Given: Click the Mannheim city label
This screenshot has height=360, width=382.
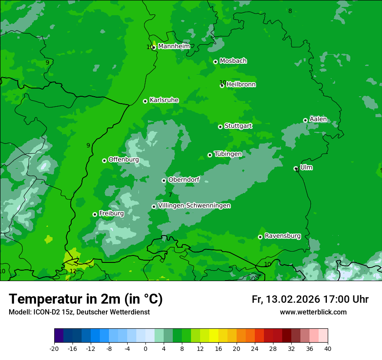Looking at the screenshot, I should (x=174, y=46).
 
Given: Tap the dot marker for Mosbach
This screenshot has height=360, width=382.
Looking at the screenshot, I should (x=215, y=62).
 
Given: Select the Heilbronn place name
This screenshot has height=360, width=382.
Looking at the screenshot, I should (x=241, y=85).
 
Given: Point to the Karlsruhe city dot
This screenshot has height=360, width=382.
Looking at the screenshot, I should (x=145, y=101).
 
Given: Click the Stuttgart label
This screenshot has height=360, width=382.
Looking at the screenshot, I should (x=238, y=126).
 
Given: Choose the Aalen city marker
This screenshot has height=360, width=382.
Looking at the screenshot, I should (x=305, y=120).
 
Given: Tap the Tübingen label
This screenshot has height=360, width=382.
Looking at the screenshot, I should (x=228, y=154).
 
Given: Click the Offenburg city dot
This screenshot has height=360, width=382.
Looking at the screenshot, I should (x=104, y=160).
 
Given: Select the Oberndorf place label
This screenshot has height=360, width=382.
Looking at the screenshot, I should (x=184, y=180).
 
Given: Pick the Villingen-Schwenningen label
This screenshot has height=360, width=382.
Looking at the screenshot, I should (x=194, y=206).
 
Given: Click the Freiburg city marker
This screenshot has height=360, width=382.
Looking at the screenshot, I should (x=95, y=214).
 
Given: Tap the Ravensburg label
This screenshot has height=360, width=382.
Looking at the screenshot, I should (x=283, y=236).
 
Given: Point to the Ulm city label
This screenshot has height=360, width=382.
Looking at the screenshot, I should (x=306, y=167).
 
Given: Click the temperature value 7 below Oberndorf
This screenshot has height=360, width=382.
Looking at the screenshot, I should (x=171, y=195).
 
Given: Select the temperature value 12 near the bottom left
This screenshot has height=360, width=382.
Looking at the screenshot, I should (x=73, y=272).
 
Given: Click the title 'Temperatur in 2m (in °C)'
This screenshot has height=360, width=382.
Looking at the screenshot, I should (x=86, y=299).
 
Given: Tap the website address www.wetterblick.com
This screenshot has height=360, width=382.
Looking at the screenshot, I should (x=313, y=312).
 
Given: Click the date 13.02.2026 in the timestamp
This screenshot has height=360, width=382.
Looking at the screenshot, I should (x=293, y=299).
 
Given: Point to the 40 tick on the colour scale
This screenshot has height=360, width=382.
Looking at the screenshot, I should (x=327, y=348).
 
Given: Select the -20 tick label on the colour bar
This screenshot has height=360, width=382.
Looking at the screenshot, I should (x=54, y=348).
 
